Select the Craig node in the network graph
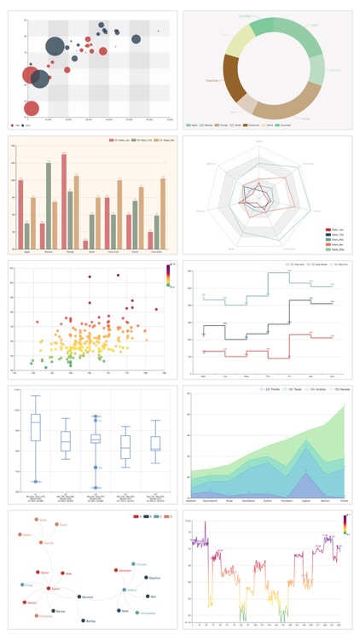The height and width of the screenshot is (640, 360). coord(22,585)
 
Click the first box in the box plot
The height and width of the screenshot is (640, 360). coord(35,427)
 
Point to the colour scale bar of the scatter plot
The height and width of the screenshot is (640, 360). coord(168,274)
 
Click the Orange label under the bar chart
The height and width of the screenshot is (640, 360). coord(65,253)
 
